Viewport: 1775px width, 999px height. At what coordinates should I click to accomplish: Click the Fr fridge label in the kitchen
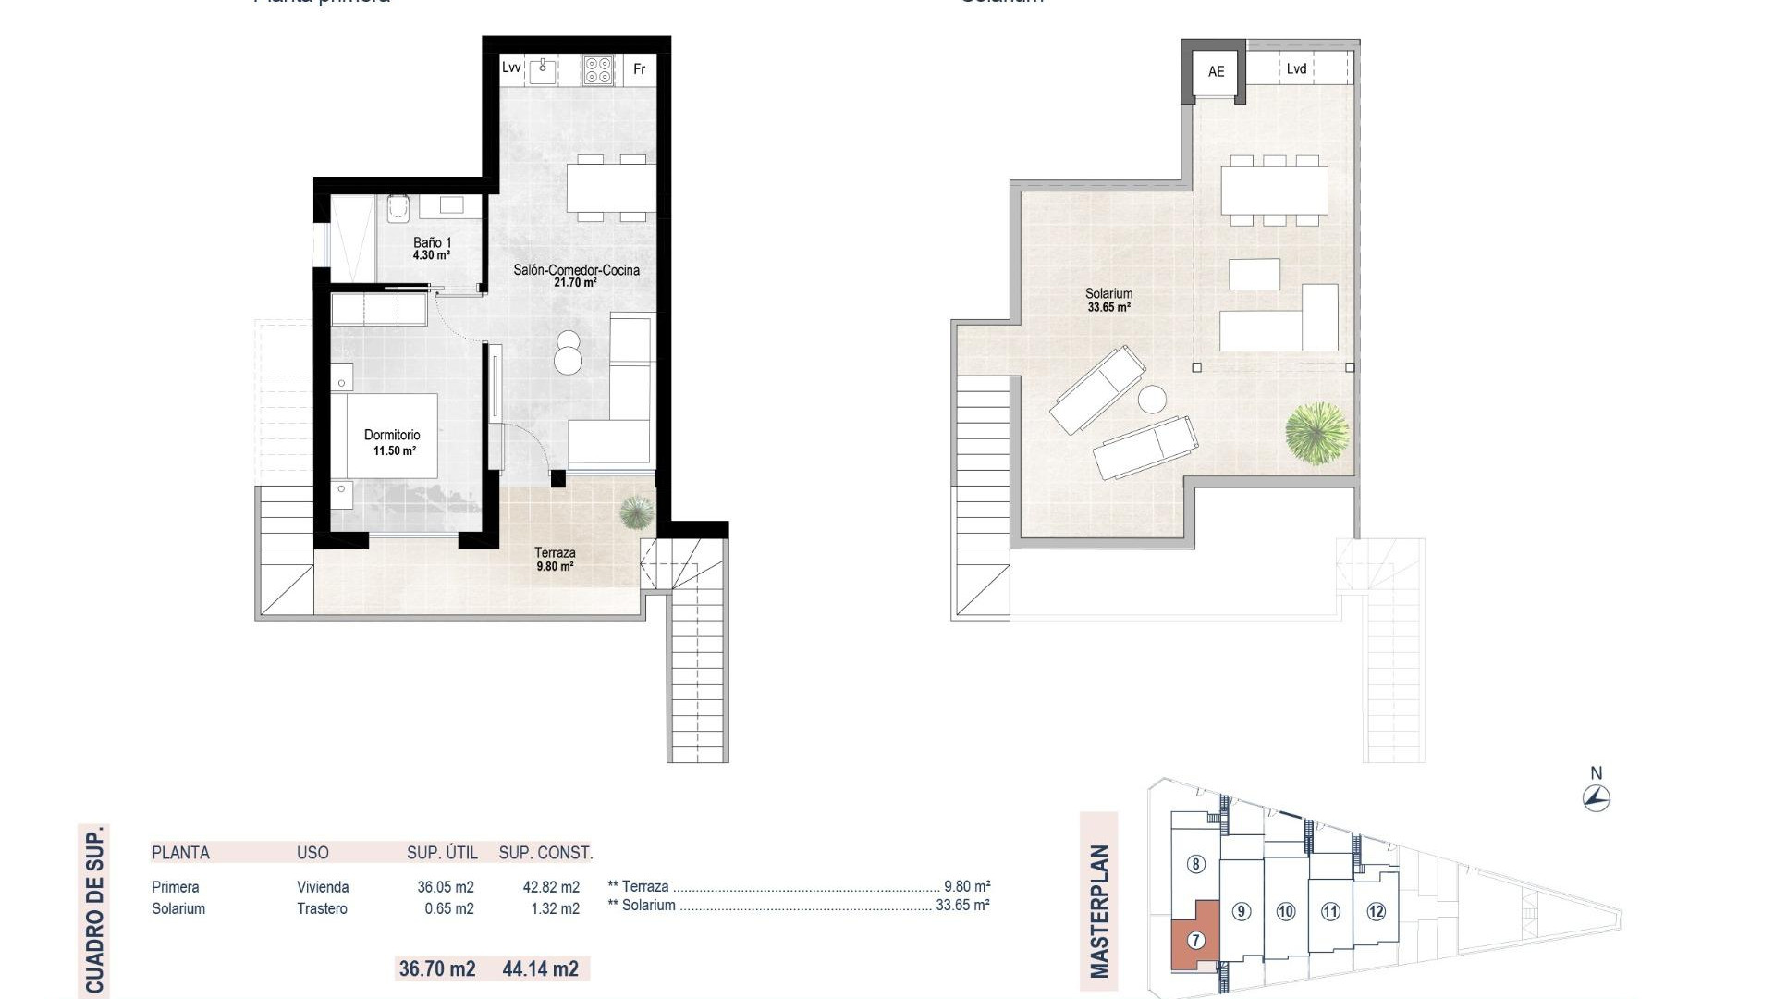click(x=639, y=69)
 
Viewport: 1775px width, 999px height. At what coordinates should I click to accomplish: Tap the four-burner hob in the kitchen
click(x=598, y=69)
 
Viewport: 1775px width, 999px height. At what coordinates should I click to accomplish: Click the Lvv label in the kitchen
click(x=511, y=68)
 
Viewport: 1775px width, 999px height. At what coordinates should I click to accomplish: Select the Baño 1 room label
click(x=432, y=248)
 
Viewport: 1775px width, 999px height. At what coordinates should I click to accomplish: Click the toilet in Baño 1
click(x=398, y=209)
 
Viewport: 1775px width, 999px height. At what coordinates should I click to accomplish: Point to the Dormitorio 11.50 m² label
click(x=392, y=442)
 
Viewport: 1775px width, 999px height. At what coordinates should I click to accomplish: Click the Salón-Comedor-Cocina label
click(x=576, y=276)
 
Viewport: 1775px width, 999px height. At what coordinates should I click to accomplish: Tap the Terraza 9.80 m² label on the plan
click(x=555, y=559)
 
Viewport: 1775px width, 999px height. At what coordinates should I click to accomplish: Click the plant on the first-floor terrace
click(x=635, y=512)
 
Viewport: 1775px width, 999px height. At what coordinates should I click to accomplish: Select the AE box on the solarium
click(x=1216, y=71)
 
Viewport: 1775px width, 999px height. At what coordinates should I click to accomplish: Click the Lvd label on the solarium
click(x=1296, y=68)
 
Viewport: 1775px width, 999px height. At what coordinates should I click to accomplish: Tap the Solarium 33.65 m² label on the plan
click(x=1108, y=300)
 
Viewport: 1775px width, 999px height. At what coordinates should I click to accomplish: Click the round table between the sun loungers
click(x=1152, y=400)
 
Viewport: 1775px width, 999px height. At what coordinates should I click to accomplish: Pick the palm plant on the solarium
click(x=1316, y=433)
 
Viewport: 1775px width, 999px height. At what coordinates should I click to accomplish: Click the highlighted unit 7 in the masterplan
click(x=1195, y=940)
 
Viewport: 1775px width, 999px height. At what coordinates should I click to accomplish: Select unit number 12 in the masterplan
click(x=1376, y=911)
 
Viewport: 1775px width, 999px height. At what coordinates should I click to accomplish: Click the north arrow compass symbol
click(x=1597, y=797)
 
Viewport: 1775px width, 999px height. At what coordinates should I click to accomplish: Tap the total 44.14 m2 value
click(x=541, y=968)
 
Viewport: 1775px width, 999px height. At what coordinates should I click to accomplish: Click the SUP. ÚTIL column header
click(x=442, y=853)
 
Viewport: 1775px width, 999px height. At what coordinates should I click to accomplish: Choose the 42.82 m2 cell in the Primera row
click(x=551, y=887)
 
